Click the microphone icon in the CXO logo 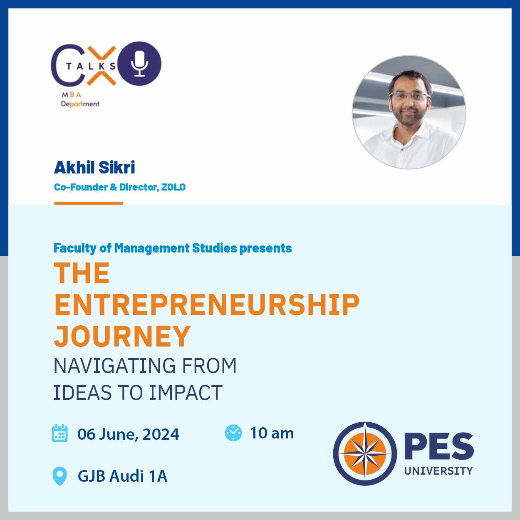pos(139,63)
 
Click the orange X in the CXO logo pos(102,66)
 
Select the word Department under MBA pos(80,104)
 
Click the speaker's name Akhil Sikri pos(94,167)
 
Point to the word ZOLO pos(173,187)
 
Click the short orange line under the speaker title pos(89,203)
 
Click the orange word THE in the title pos(82,273)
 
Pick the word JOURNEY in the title pos(122,336)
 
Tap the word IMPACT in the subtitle pos(186,392)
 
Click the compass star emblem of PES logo pos(365,453)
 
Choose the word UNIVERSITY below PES pos(438,471)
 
